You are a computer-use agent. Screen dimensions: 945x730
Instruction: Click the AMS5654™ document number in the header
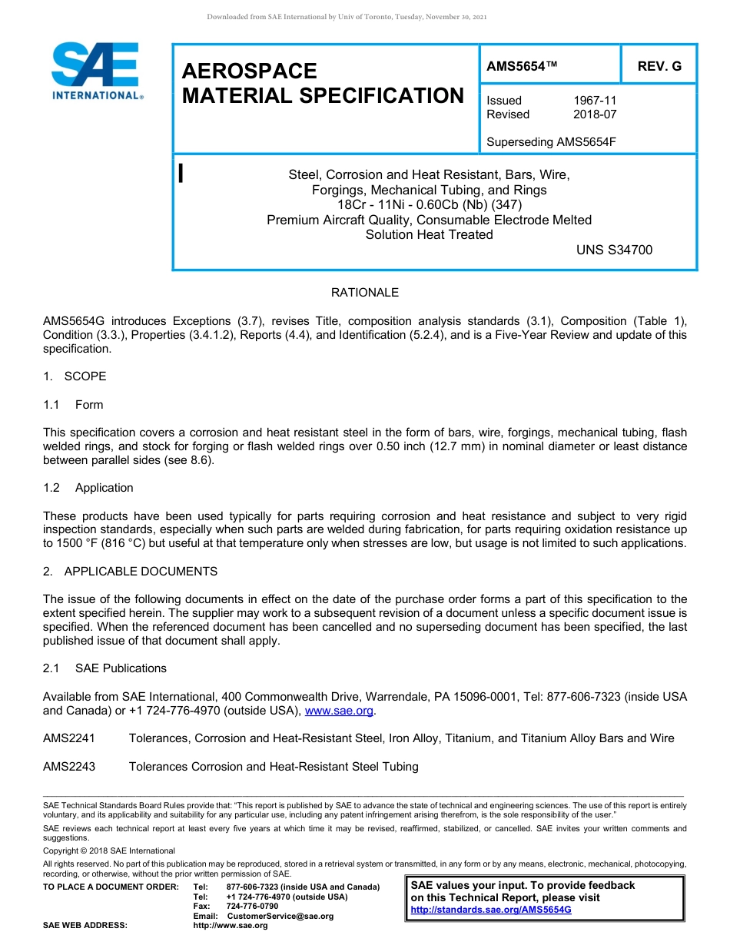[x=522, y=67]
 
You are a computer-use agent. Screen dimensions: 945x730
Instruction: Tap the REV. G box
[x=659, y=67]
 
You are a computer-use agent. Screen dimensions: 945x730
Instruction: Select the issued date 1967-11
[x=595, y=101]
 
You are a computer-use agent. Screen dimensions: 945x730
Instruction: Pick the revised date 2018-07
[x=595, y=114]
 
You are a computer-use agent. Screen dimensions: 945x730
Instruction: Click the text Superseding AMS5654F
[x=552, y=142]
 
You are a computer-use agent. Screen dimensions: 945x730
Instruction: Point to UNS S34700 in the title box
[x=614, y=250]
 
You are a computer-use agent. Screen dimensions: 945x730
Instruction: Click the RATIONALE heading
[x=365, y=293]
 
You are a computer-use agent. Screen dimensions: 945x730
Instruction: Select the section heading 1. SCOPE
[x=75, y=376]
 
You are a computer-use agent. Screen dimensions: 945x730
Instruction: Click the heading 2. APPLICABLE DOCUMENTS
[x=130, y=572]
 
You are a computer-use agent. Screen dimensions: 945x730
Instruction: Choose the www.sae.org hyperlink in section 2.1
[x=339, y=711]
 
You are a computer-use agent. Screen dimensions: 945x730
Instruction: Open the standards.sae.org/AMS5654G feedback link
[x=491, y=910]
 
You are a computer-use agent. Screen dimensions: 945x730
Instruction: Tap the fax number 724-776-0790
[x=252, y=907]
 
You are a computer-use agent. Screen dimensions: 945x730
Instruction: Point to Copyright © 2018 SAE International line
[x=109, y=850]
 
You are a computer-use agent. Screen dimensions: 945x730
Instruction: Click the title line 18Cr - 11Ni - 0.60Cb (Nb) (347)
[x=429, y=205]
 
